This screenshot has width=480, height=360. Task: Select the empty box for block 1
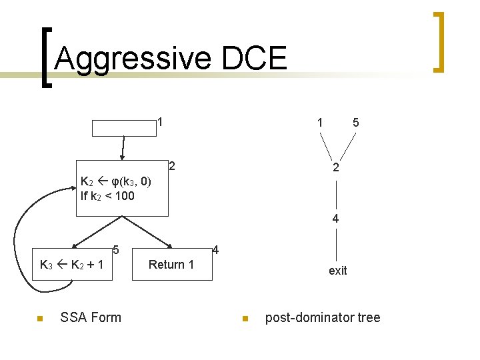(x=123, y=128)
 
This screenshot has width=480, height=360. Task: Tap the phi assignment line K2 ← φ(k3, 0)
(x=115, y=181)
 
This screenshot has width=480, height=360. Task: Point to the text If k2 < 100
(x=107, y=196)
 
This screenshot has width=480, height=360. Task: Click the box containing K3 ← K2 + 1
(x=71, y=264)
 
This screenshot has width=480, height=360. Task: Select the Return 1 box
(x=171, y=265)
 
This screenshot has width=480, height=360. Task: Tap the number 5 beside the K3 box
(x=116, y=251)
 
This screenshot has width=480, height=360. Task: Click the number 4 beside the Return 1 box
(x=215, y=251)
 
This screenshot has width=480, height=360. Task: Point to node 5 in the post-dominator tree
(x=356, y=123)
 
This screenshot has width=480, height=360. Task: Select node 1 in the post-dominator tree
(x=321, y=123)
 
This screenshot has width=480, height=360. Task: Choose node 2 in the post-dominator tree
(x=337, y=169)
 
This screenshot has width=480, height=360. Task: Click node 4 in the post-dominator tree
(x=337, y=218)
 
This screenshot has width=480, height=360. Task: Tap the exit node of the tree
(x=337, y=271)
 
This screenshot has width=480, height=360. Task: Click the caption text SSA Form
(x=91, y=317)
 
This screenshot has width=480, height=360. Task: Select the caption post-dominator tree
(x=323, y=317)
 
